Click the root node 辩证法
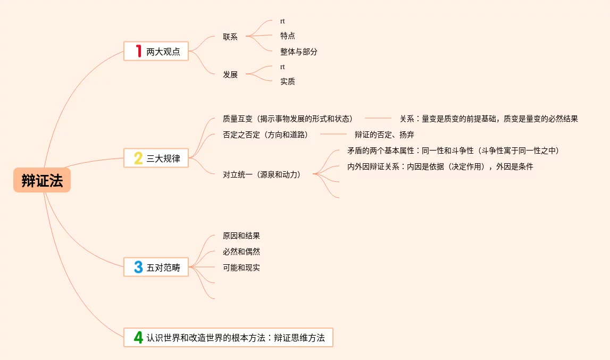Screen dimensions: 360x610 pos(42,181)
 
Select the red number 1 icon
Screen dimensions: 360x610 pos(138,51)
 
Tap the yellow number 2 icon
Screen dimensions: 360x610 pos(138,158)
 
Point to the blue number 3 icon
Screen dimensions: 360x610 pos(138,267)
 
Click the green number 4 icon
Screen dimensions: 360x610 pos(138,337)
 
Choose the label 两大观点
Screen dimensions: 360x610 pos(163,52)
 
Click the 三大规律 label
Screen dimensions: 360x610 pos(163,158)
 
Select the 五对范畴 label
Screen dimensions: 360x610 pos(163,267)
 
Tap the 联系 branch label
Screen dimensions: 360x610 pos(230,37)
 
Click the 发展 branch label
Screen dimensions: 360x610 pos(230,74)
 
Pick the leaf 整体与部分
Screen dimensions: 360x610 pos(299,52)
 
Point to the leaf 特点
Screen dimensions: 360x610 pos(288,36)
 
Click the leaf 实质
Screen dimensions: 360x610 pos(288,81)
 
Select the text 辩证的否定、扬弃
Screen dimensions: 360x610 pos(385,135)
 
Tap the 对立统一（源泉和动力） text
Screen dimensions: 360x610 pos(262,174)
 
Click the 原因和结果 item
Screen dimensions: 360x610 pos(241,236)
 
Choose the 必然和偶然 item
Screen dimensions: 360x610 pos(241,252)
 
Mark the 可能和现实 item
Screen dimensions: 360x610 pos(241,267)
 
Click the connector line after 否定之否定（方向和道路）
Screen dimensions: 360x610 pos(333,135)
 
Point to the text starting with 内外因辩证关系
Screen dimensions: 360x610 pos(440,166)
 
